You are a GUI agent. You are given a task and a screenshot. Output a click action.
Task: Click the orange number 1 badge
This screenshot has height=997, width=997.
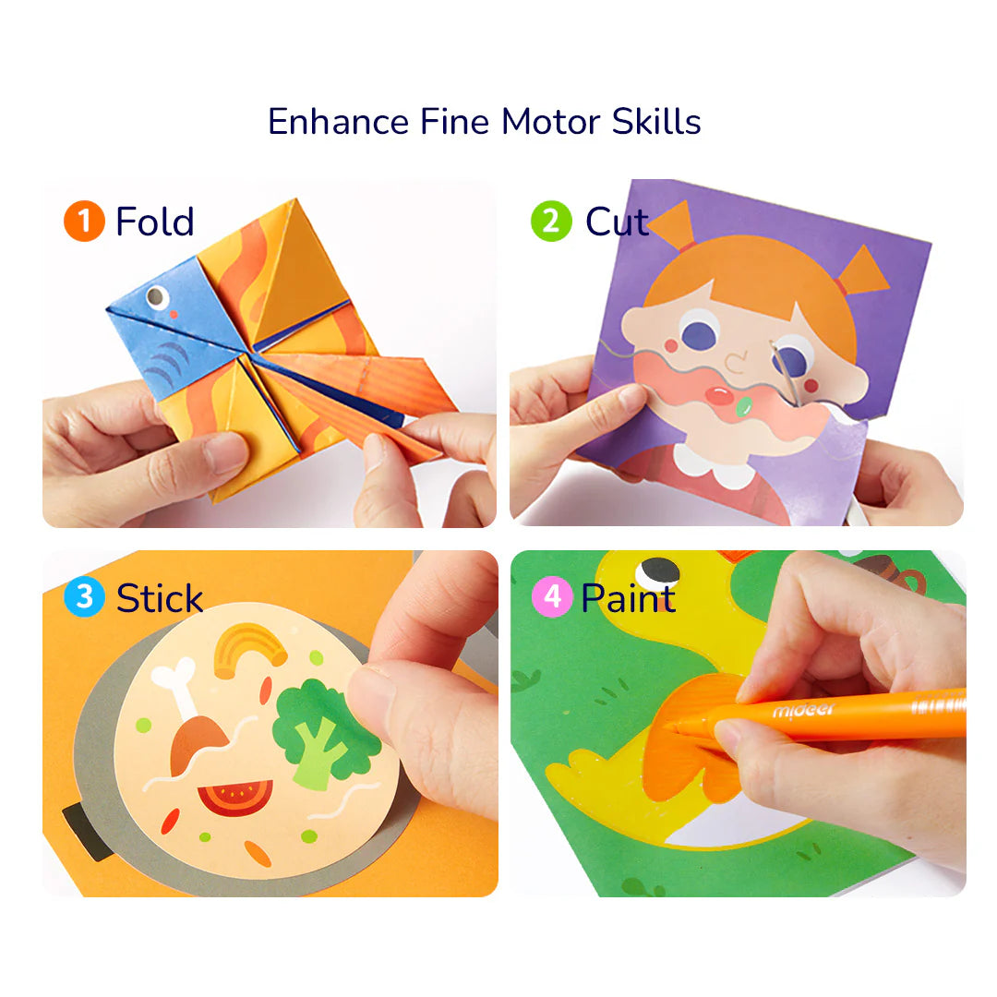pyautogui.click(x=84, y=222)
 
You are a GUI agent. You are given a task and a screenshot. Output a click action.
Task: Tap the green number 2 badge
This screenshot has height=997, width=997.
pyautogui.click(x=551, y=222)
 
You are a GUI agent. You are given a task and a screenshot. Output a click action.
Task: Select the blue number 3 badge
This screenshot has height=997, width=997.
pyautogui.click(x=84, y=597)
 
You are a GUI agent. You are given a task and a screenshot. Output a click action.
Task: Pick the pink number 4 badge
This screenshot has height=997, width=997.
pyautogui.click(x=551, y=597)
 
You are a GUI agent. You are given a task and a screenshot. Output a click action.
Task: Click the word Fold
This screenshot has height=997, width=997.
pyautogui.click(x=154, y=222)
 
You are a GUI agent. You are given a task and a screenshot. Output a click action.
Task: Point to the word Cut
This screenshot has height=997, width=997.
pyautogui.click(x=617, y=222)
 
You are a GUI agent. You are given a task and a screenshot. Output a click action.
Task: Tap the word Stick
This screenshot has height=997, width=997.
pyautogui.click(x=160, y=598)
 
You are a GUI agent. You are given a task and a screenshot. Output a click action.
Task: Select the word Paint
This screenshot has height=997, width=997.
pyautogui.click(x=628, y=598)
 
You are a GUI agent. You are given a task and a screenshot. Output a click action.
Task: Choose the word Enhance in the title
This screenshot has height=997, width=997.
pyautogui.click(x=338, y=122)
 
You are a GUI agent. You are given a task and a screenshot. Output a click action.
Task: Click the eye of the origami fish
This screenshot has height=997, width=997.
pyautogui.click(x=157, y=297)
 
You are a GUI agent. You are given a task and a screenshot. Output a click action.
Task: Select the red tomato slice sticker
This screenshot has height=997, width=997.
pyautogui.click(x=235, y=796)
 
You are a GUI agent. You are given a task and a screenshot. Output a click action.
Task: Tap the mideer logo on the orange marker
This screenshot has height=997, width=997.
pyautogui.click(x=802, y=710)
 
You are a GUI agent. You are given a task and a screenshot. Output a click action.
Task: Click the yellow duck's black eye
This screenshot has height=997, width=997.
pyautogui.click(x=656, y=572)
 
